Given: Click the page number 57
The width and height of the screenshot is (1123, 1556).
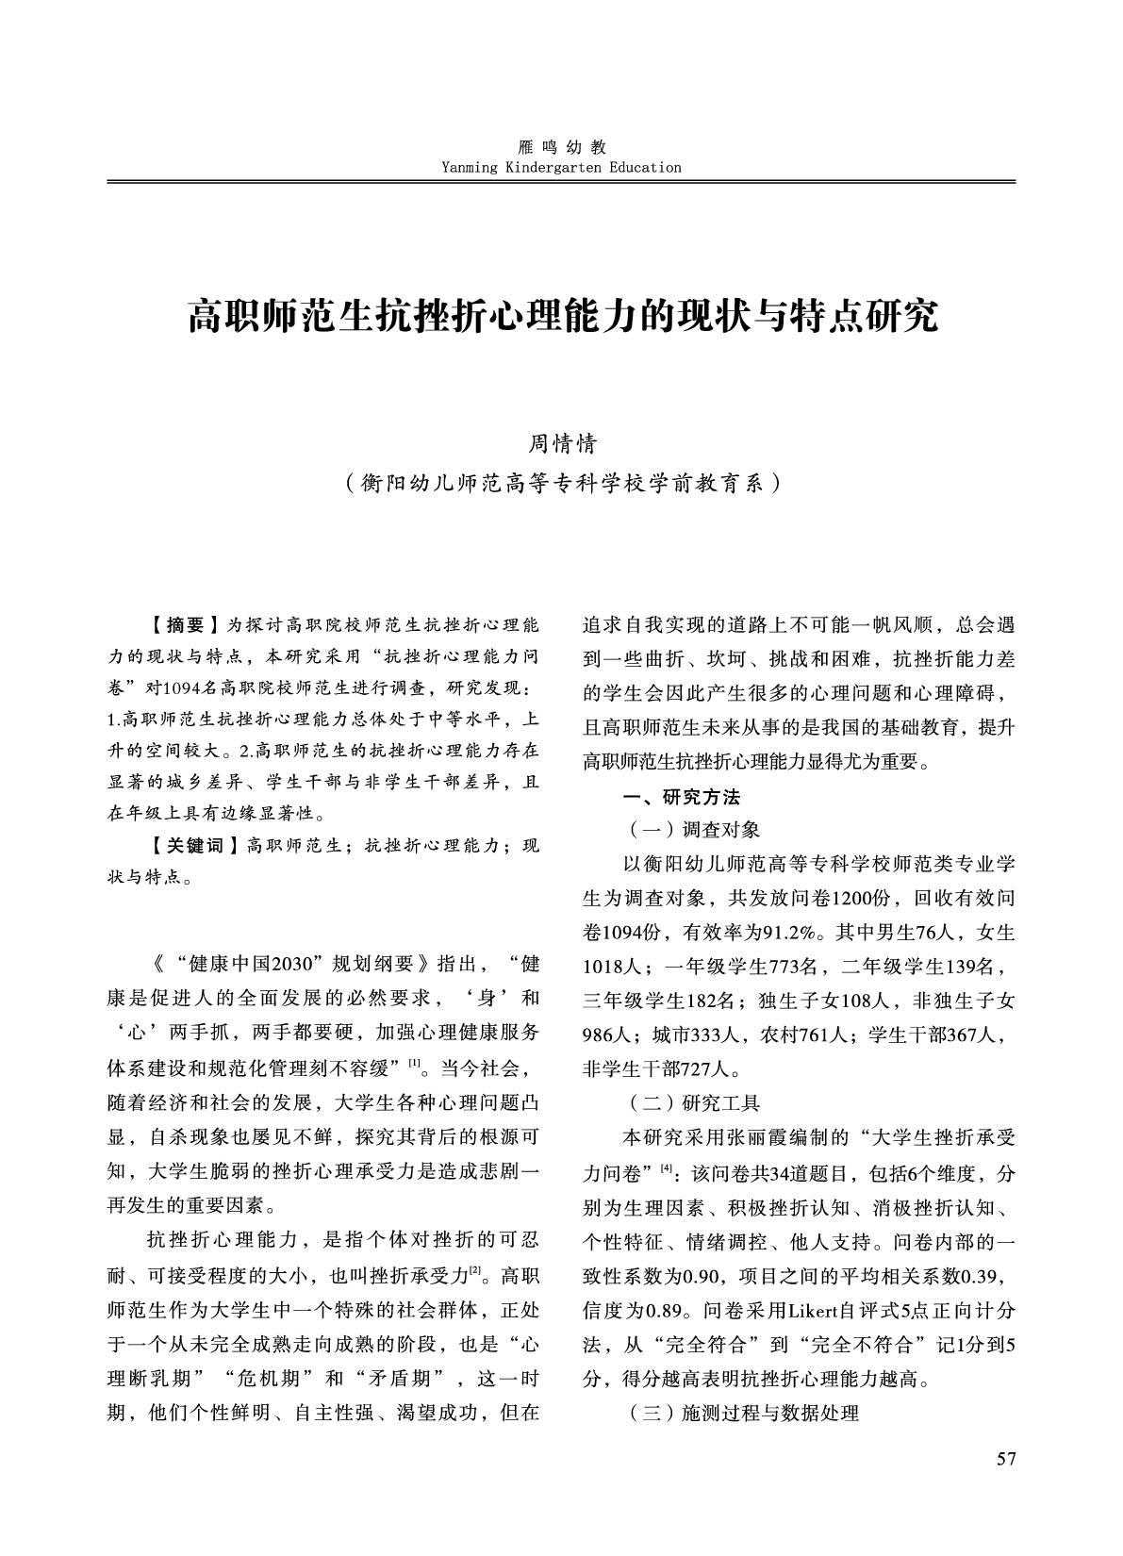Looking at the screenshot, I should click(x=1006, y=1461).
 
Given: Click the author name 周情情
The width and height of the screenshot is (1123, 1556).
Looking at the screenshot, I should click(x=561, y=443).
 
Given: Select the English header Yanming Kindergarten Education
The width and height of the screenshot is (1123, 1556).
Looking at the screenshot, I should click(x=561, y=168).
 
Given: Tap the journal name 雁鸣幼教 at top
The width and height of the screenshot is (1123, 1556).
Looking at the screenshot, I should click(x=561, y=148).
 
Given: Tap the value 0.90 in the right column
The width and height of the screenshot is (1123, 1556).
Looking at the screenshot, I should click(x=702, y=1277).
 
